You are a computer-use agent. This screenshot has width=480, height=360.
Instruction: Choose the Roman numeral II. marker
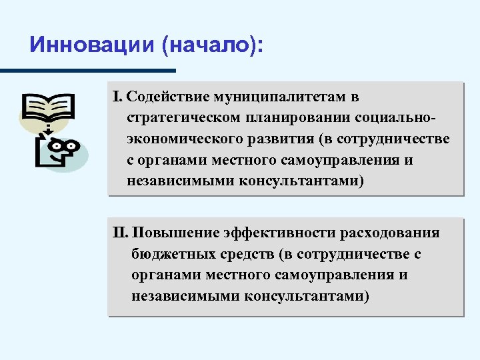pos(122,233)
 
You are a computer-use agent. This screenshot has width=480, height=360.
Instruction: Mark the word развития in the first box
pos(277,139)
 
